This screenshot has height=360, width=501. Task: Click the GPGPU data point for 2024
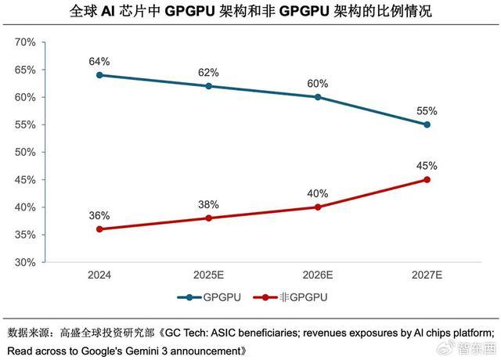(x=99, y=75)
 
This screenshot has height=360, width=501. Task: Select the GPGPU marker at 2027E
(x=427, y=124)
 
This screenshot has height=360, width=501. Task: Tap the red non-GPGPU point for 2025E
(x=208, y=218)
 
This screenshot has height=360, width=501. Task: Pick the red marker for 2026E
(x=317, y=207)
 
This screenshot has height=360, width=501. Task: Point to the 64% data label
(x=99, y=61)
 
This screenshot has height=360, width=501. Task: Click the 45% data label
(x=427, y=166)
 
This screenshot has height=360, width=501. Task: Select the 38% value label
(x=208, y=203)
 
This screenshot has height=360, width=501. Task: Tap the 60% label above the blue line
(x=317, y=83)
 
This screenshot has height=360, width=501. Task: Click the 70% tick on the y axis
(x=26, y=42)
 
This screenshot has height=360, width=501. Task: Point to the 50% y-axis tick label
(x=26, y=152)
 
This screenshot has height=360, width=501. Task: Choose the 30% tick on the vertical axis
(x=26, y=262)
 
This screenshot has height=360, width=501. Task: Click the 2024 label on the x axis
(x=99, y=275)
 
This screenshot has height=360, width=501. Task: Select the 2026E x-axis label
(x=317, y=275)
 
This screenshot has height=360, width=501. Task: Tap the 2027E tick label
(x=427, y=275)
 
